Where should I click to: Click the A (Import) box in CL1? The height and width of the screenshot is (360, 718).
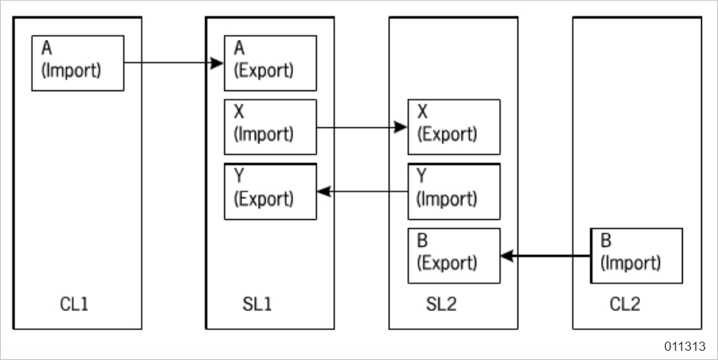[77, 63]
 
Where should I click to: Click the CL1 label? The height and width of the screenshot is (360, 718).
[74, 304]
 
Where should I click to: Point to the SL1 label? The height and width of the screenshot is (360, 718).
[253, 304]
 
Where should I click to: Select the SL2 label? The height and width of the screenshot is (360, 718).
[442, 304]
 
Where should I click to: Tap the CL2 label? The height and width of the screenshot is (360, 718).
[625, 304]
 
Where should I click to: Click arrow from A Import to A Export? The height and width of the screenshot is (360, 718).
[168, 63]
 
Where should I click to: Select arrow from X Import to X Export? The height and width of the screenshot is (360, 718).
[360, 127]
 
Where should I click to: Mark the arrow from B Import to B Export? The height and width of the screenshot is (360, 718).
[547, 256]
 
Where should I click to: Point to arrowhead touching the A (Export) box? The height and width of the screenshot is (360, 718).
[217, 63]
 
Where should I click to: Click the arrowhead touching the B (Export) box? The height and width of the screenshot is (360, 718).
[506, 256]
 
